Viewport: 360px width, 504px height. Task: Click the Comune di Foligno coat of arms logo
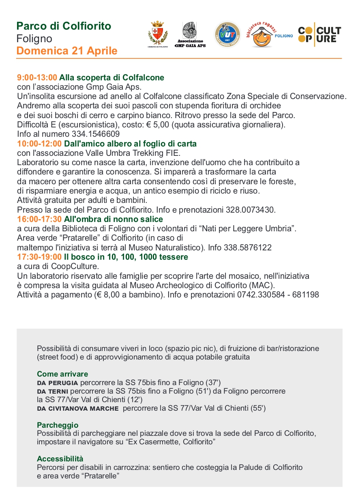coord(158,34)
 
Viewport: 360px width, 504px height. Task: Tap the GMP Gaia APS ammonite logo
coord(190,34)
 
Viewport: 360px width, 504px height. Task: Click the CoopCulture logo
coord(319,35)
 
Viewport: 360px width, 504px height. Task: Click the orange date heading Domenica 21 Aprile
coord(67,51)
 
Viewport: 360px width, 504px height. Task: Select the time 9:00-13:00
coord(37,78)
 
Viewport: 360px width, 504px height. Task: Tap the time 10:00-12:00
coord(39,144)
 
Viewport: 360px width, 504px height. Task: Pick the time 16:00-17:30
coord(39,220)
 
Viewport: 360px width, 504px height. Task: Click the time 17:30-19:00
coord(39,257)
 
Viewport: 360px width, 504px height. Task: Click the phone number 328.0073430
coord(250,210)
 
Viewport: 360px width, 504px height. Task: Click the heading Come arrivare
coord(62,374)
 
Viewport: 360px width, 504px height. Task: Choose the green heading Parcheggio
coord(58,425)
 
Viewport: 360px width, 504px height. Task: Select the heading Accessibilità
coord(60,459)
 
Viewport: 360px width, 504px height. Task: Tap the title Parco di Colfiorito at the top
coord(64,26)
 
